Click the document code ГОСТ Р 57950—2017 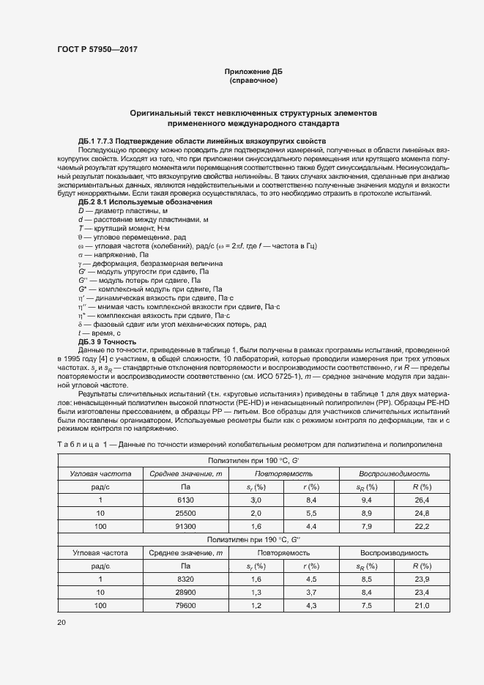pos(97,50)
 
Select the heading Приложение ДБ pos(253,71)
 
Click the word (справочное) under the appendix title pos(253,80)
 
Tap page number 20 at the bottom pos(61,622)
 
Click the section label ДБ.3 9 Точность pos(107,341)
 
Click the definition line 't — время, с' pos(100,333)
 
